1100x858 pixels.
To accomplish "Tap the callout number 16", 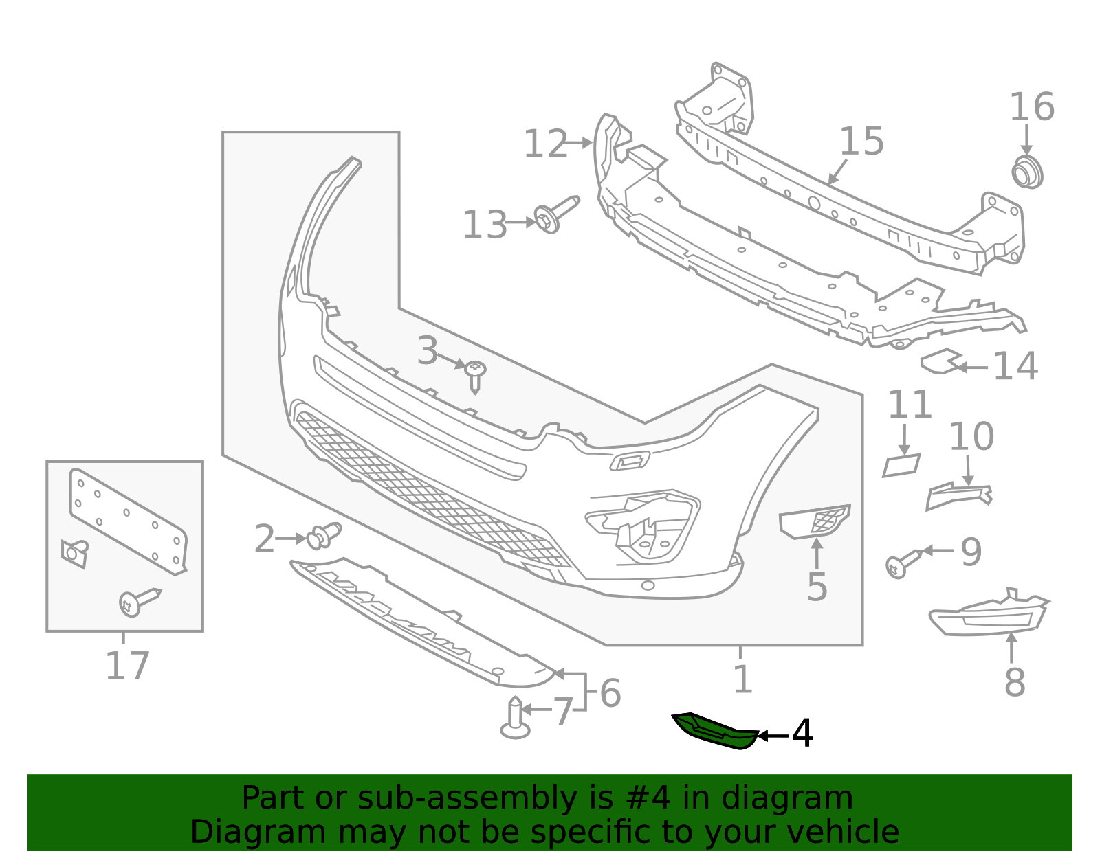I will pos(1031,108).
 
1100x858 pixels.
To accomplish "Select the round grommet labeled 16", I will pos(1027,172).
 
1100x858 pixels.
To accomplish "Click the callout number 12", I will pos(545,145).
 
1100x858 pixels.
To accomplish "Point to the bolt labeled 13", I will pos(554,215).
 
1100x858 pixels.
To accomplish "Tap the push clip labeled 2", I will pos(324,536).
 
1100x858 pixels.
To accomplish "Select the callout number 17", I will pos(127,666).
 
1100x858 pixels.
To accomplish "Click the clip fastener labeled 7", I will pos(515,718).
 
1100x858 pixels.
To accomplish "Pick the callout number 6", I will pos(610,692).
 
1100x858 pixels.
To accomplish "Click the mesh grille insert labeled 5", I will pos(815,521).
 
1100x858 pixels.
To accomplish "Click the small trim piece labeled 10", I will pos(958,495).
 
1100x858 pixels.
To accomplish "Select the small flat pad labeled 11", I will pos(901,466).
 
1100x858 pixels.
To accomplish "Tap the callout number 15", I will pos(861,142).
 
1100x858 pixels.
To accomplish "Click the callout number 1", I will pos(742,680).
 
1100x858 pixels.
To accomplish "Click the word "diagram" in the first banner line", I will pos(802,798).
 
